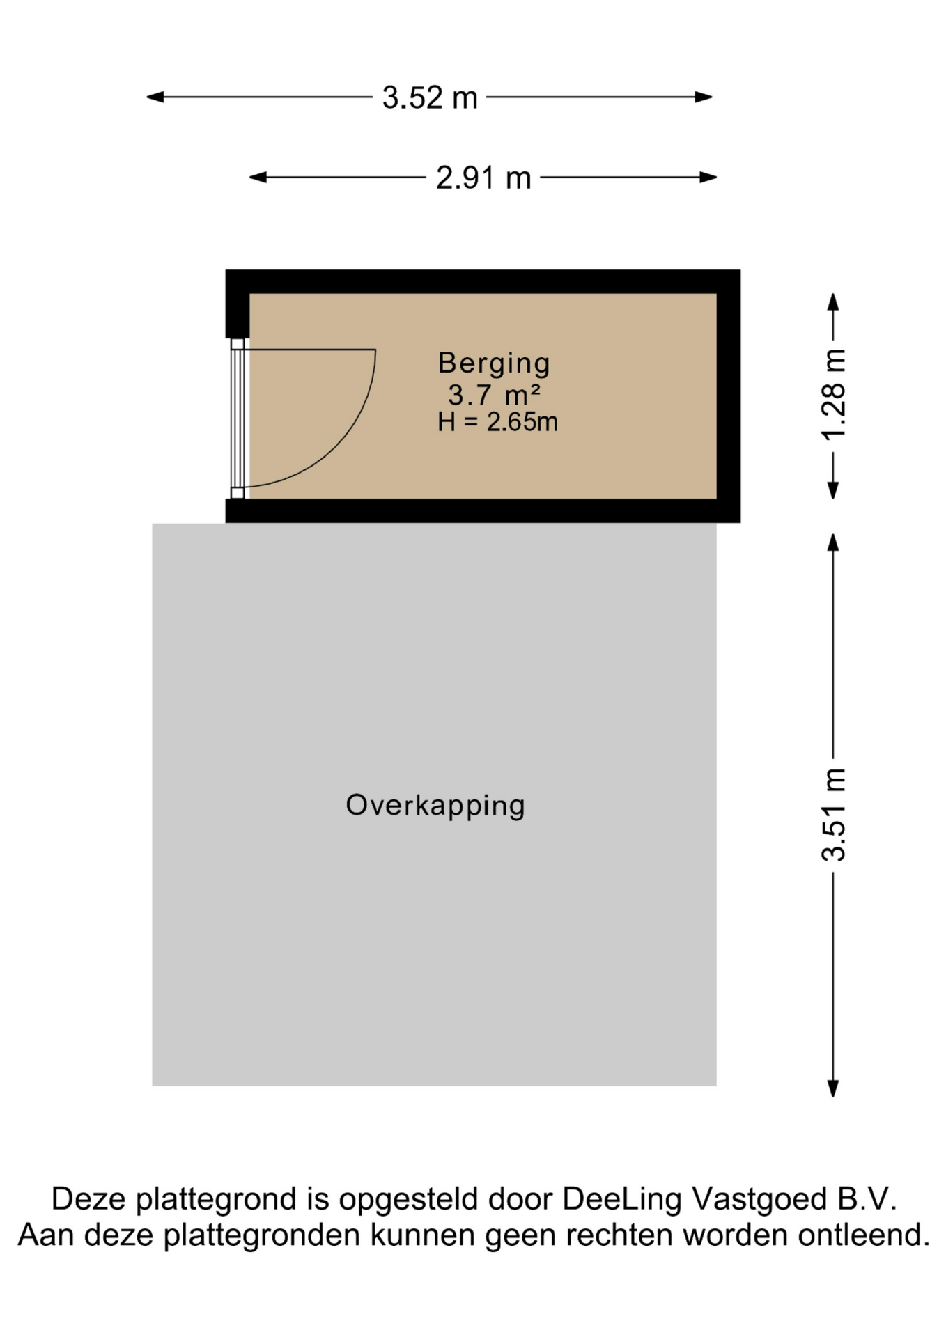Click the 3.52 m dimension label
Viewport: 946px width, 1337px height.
(x=430, y=97)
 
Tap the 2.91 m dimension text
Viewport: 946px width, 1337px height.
(x=483, y=178)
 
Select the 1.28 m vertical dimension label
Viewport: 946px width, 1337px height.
(x=833, y=395)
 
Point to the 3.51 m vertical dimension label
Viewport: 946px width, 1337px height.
(x=833, y=815)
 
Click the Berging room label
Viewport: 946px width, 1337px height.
(x=494, y=363)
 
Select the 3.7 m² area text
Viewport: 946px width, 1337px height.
(x=494, y=395)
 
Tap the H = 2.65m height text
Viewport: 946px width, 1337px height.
(x=497, y=422)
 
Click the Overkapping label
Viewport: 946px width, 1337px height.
(x=435, y=806)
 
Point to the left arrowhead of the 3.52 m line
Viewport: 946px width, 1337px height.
(x=155, y=97)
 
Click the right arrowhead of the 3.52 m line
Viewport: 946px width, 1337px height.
(x=704, y=97)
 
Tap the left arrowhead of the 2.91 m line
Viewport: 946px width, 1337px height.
(x=258, y=178)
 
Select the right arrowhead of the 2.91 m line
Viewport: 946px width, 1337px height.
(x=708, y=178)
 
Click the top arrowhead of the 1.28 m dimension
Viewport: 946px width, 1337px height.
(x=832, y=302)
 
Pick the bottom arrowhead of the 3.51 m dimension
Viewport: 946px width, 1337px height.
(x=832, y=1088)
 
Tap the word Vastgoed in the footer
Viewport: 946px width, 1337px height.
(x=759, y=1200)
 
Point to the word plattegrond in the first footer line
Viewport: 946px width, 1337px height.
(x=215, y=1201)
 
